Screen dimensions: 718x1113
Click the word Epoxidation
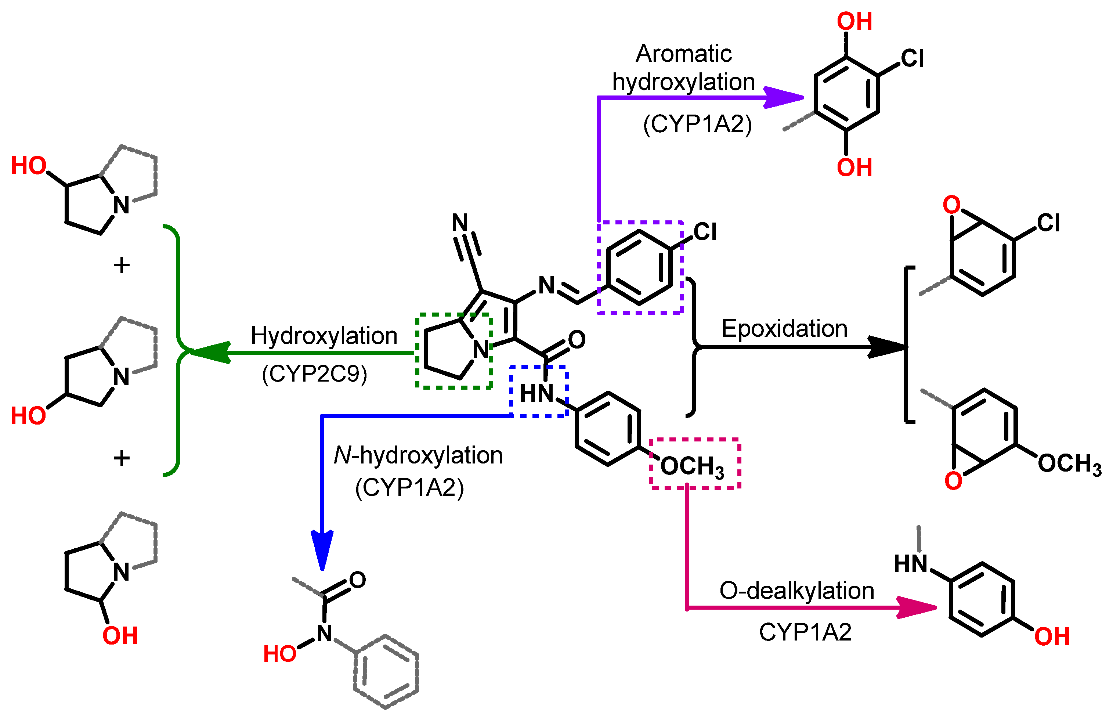pyautogui.click(x=784, y=329)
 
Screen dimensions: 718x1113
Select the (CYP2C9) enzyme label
pyautogui.click(x=315, y=374)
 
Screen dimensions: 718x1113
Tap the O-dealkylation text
pyautogui.click(x=796, y=591)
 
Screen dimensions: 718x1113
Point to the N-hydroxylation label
pyautogui.click(x=418, y=455)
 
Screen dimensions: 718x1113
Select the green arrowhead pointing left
pyautogui.click(x=210, y=353)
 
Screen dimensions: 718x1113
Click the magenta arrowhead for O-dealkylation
pyautogui.click(x=916, y=607)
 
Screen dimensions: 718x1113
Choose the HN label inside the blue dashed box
pyautogui.click(x=536, y=393)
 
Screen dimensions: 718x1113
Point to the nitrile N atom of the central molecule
pyautogui.click(x=460, y=223)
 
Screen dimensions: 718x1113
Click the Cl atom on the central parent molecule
pyautogui.click(x=705, y=232)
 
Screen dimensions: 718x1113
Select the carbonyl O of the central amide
pyautogui.click(x=577, y=339)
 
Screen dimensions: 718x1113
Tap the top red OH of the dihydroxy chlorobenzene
pyautogui.click(x=854, y=21)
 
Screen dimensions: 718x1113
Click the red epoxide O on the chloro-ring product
pyautogui.click(x=951, y=204)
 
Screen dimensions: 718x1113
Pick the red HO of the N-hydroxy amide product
pyautogui.click(x=280, y=654)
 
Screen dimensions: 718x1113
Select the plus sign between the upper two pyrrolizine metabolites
pyautogui.click(x=122, y=265)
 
